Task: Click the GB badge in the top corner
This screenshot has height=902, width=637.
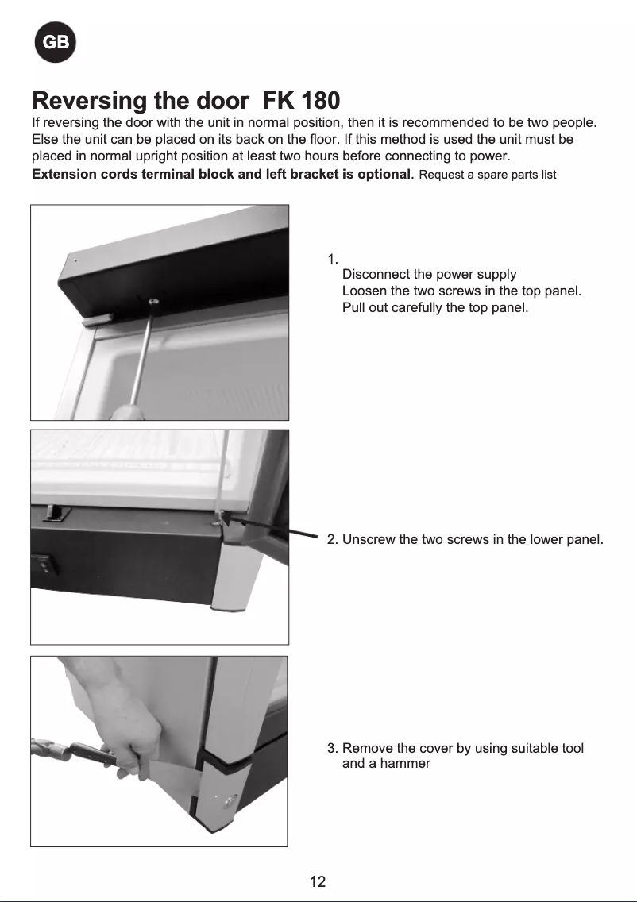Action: click(55, 44)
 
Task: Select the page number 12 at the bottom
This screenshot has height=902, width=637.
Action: click(318, 881)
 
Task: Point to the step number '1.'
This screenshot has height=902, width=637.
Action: click(333, 259)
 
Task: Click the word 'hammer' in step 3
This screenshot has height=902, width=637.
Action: click(405, 764)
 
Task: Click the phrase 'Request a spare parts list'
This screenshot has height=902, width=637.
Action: click(487, 175)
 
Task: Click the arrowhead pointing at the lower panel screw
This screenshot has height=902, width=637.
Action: click(226, 518)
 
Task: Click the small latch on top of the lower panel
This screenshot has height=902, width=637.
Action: click(55, 513)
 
